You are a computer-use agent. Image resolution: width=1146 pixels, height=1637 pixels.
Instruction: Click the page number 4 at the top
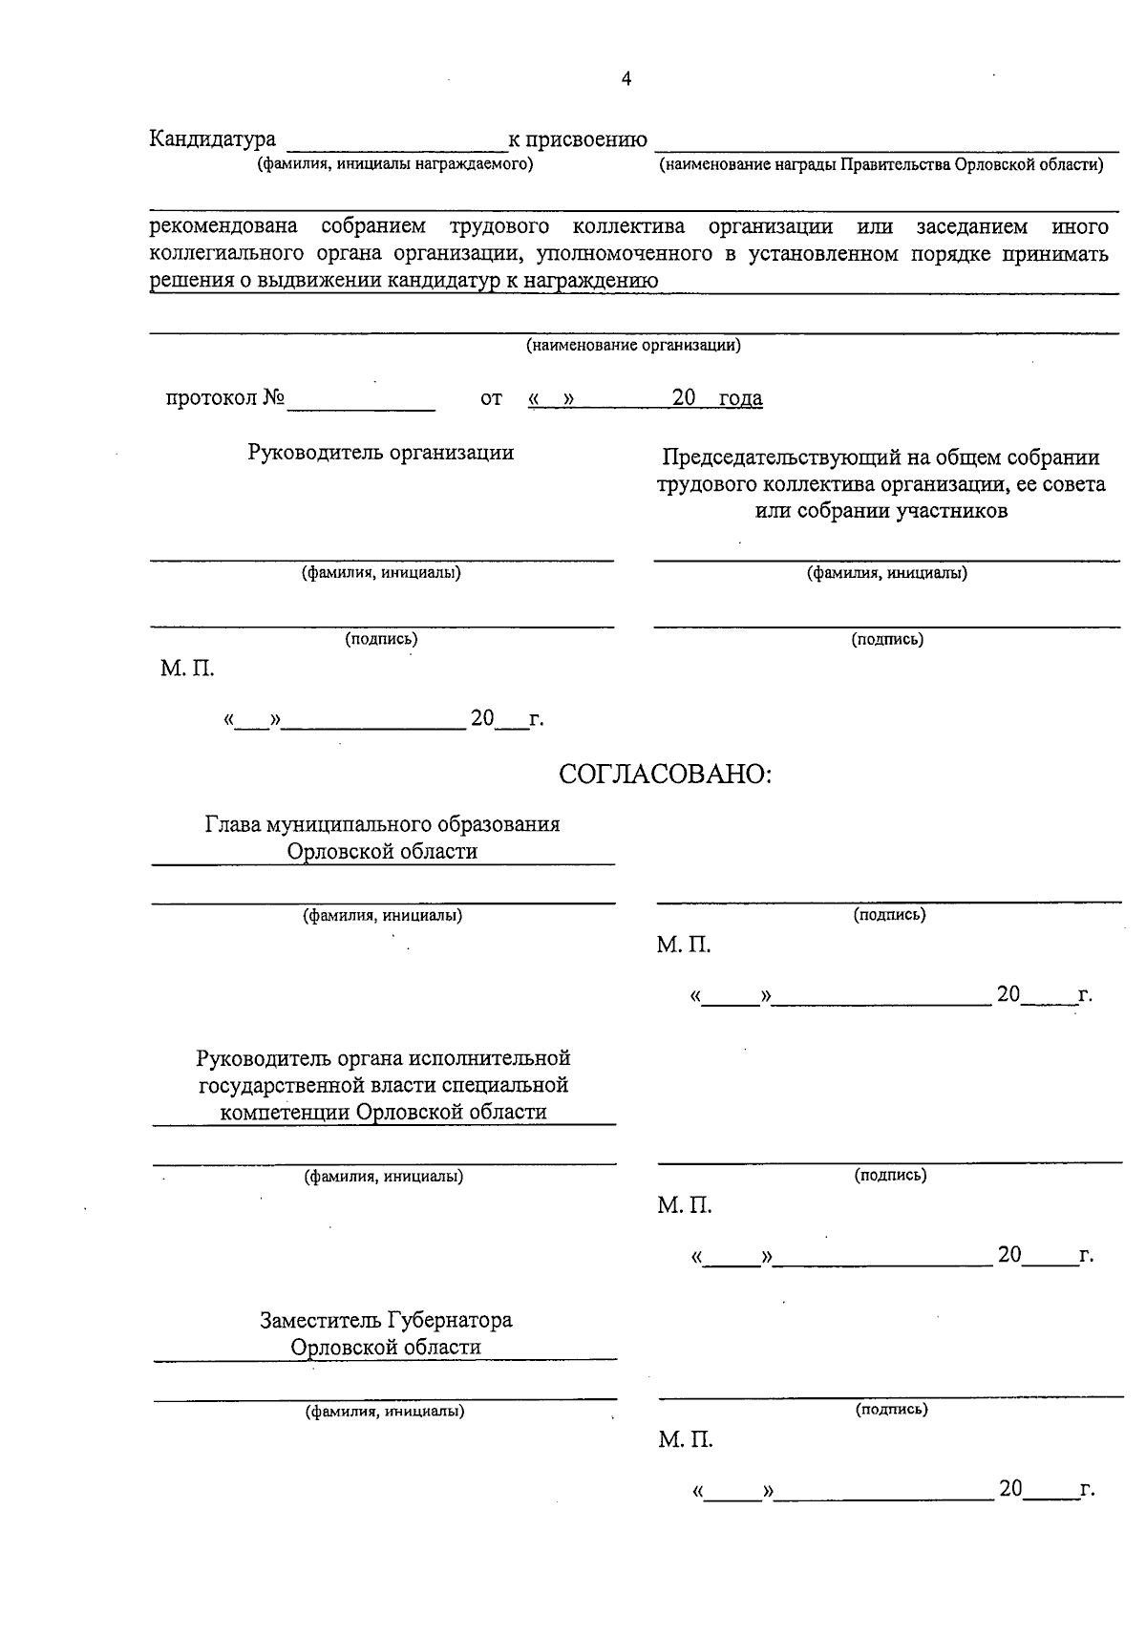[x=626, y=80]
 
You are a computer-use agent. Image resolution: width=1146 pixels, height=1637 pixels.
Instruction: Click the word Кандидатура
[x=213, y=139]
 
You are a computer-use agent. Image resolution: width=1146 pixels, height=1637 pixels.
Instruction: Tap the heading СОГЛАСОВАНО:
[x=665, y=775]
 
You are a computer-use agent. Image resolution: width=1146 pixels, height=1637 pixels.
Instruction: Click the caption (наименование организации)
[x=633, y=346]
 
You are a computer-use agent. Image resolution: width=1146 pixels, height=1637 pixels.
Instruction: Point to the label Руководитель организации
[x=381, y=453]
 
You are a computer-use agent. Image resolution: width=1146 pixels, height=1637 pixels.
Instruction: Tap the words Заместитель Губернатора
[x=386, y=1320]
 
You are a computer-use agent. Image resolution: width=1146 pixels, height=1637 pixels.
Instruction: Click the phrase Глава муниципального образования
[x=383, y=823]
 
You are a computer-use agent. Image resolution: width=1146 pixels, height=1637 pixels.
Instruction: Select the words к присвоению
[x=578, y=140]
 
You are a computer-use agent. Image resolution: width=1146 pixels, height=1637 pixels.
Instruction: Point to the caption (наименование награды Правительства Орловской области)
[x=881, y=165]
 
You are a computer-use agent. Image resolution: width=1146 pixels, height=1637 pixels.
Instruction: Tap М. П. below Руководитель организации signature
[x=187, y=669]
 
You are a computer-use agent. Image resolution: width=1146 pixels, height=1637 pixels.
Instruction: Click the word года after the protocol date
[x=740, y=398]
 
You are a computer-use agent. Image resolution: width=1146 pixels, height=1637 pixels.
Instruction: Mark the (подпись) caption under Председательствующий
[x=887, y=640]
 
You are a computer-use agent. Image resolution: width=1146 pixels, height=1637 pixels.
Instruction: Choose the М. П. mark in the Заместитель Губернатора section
[x=685, y=1439]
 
